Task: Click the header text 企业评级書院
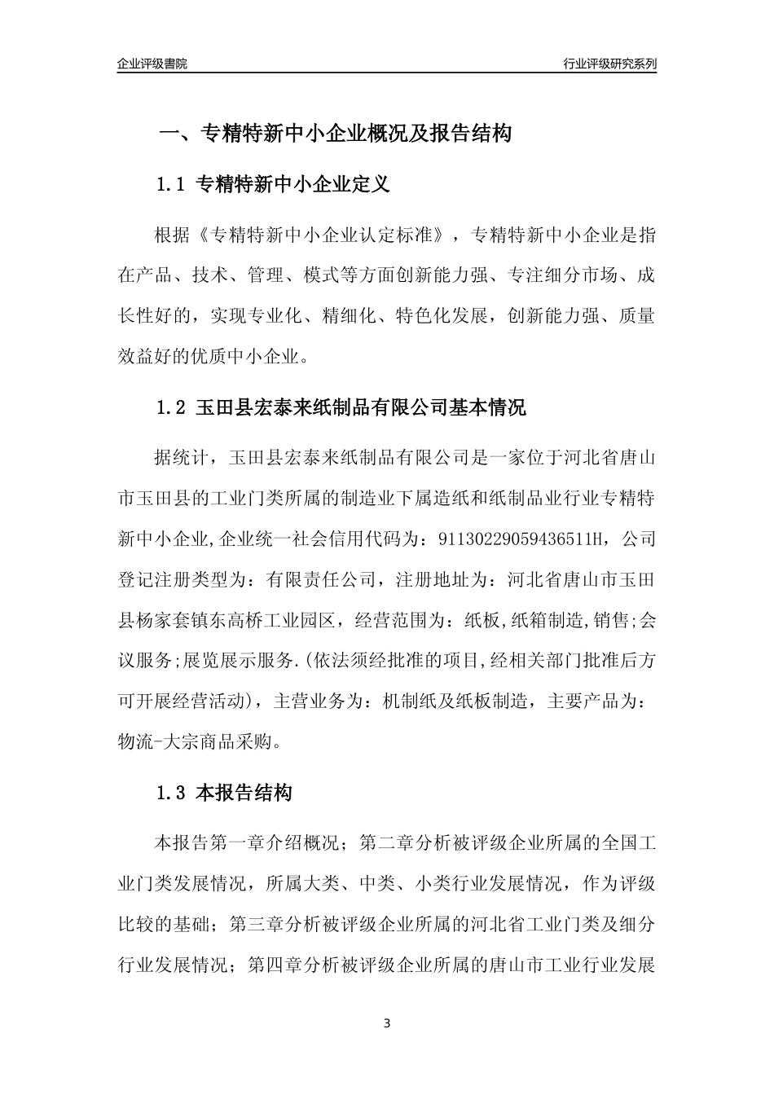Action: (x=152, y=64)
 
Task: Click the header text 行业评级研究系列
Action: (x=609, y=64)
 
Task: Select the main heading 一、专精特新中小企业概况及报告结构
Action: (x=334, y=134)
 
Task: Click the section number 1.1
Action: (x=172, y=185)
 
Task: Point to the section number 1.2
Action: (x=172, y=407)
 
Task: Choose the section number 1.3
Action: (x=172, y=792)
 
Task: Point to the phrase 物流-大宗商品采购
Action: (x=198, y=741)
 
